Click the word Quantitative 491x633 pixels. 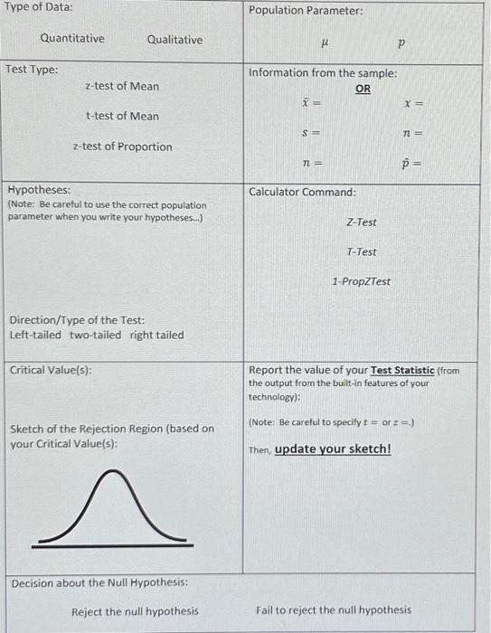(72, 39)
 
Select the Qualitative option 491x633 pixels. (175, 40)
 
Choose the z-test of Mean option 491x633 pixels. (121, 86)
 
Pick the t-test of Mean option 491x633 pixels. (122, 116)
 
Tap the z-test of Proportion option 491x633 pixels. (122, 146)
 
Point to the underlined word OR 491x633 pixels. (363, 89)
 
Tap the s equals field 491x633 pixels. (312, 134)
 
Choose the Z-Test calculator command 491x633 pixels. (362, 222)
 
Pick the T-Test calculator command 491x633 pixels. (362, 252)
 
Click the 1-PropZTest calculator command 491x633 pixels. (361, 281)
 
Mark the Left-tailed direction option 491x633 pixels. (35, 335)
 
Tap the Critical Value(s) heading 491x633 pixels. (51, 370)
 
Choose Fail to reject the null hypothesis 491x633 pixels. (334, 610)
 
